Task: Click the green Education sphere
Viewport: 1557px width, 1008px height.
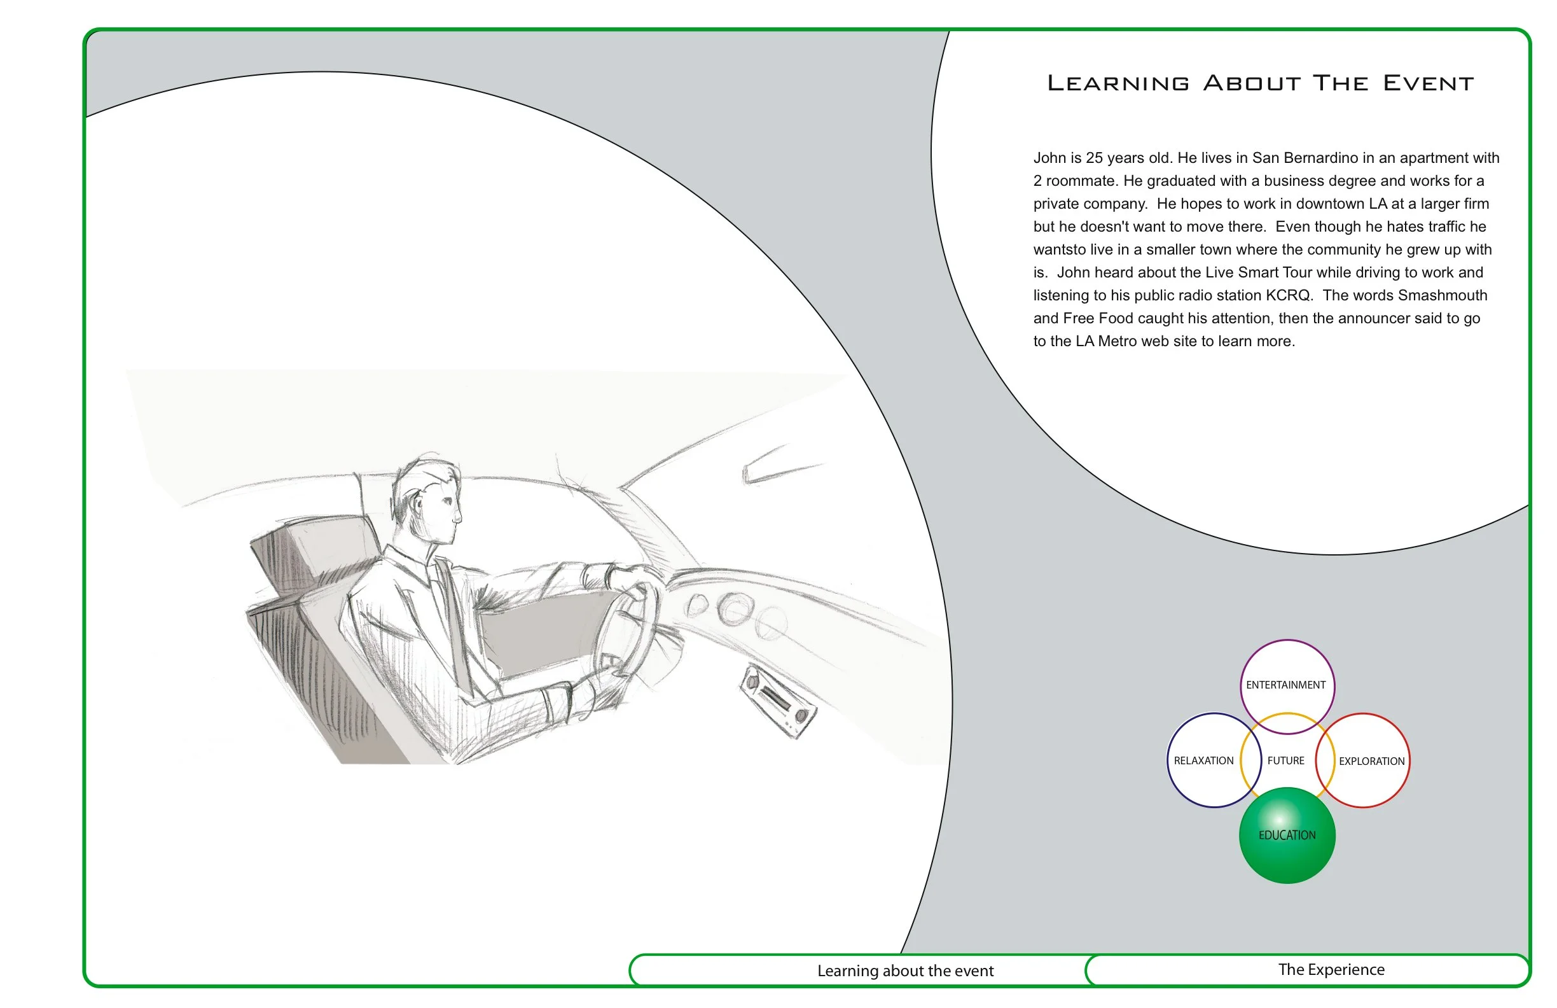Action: click(1287, 835)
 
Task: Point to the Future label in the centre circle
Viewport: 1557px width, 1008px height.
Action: click(1285, 760)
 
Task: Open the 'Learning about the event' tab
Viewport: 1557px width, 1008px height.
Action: click(905, 970)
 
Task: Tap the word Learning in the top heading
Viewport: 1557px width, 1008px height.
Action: click(1118, 83)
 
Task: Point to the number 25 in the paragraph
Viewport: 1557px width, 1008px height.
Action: click(1095, 158)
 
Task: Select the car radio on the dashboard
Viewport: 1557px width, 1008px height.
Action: click(778, 701)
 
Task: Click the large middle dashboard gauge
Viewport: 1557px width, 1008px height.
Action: click(734, 609)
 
